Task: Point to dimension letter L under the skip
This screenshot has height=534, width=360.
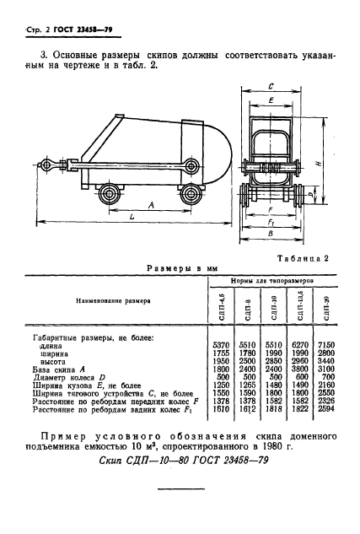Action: (133, 218)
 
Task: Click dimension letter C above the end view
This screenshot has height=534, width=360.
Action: (269, 87)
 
